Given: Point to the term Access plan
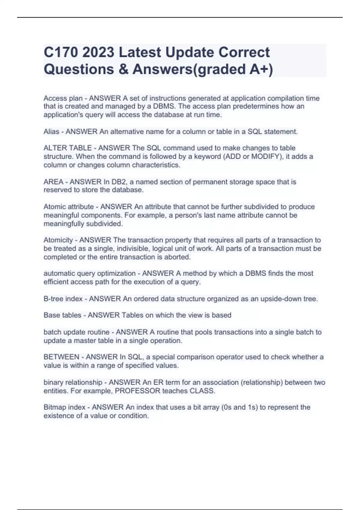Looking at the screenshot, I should (x=63, y=98).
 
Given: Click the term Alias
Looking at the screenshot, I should (x=51, y=132).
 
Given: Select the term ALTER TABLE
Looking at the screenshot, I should (x=68, y=148).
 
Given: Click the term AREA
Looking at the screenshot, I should (x=53, y=182).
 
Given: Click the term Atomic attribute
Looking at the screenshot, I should (x=69, y=207).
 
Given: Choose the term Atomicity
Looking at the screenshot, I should (x=58, y=240).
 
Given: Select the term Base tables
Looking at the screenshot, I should (x=62, y=315).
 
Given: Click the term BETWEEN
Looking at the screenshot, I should (x=61, y=357).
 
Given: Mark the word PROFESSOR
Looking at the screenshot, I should (x=138, y=391).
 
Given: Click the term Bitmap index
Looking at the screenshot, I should (x=62, y=407).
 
